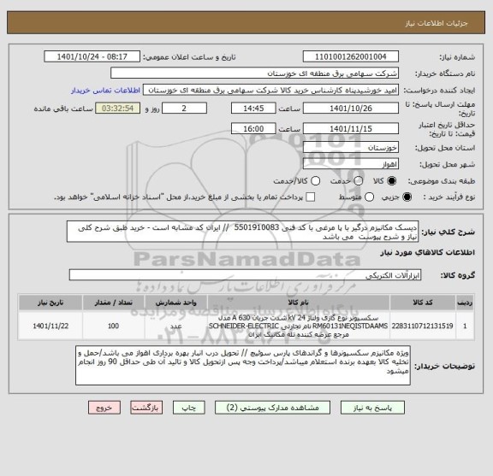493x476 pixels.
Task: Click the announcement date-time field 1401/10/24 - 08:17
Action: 98,57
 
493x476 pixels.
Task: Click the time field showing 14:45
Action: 252,109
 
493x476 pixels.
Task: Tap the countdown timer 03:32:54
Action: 115,109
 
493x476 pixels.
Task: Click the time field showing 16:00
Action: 252,128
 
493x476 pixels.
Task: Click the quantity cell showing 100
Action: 113,326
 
